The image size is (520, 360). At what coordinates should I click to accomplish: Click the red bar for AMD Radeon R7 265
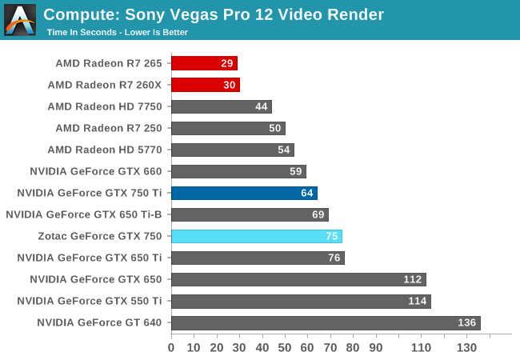click(x=204, y=63)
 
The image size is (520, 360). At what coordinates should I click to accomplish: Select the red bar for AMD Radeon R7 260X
click(x=205, y=85)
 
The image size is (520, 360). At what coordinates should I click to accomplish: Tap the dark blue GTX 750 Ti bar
click(x=244, y=193)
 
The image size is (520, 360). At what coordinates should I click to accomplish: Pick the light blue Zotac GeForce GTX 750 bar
click(x=256, y=236)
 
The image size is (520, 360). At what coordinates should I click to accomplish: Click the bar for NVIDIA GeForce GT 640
click(x=325, y=322)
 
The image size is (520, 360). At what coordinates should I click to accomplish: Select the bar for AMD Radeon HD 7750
click(x=221, y=106)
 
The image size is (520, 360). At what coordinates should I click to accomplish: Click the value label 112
click(x=413, y=279)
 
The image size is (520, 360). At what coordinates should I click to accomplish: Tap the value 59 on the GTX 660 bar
click(x=295, y=171)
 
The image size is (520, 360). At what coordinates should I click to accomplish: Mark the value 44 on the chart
click(x=261, y=106)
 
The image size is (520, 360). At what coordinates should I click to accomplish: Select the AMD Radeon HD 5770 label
click(x=105, y=150)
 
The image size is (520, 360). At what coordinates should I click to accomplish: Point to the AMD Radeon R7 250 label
click(x=109, y=128)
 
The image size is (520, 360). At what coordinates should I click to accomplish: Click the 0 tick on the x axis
click(x=171, y=347)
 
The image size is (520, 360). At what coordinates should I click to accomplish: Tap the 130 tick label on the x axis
click(x=466, y=347)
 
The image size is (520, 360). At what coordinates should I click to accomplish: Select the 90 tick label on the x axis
click(x=375, y=347)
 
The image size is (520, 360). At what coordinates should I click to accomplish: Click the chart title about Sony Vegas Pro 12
click(x=214, y=14)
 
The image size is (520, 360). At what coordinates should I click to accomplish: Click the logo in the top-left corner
click(x=20, y=20)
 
